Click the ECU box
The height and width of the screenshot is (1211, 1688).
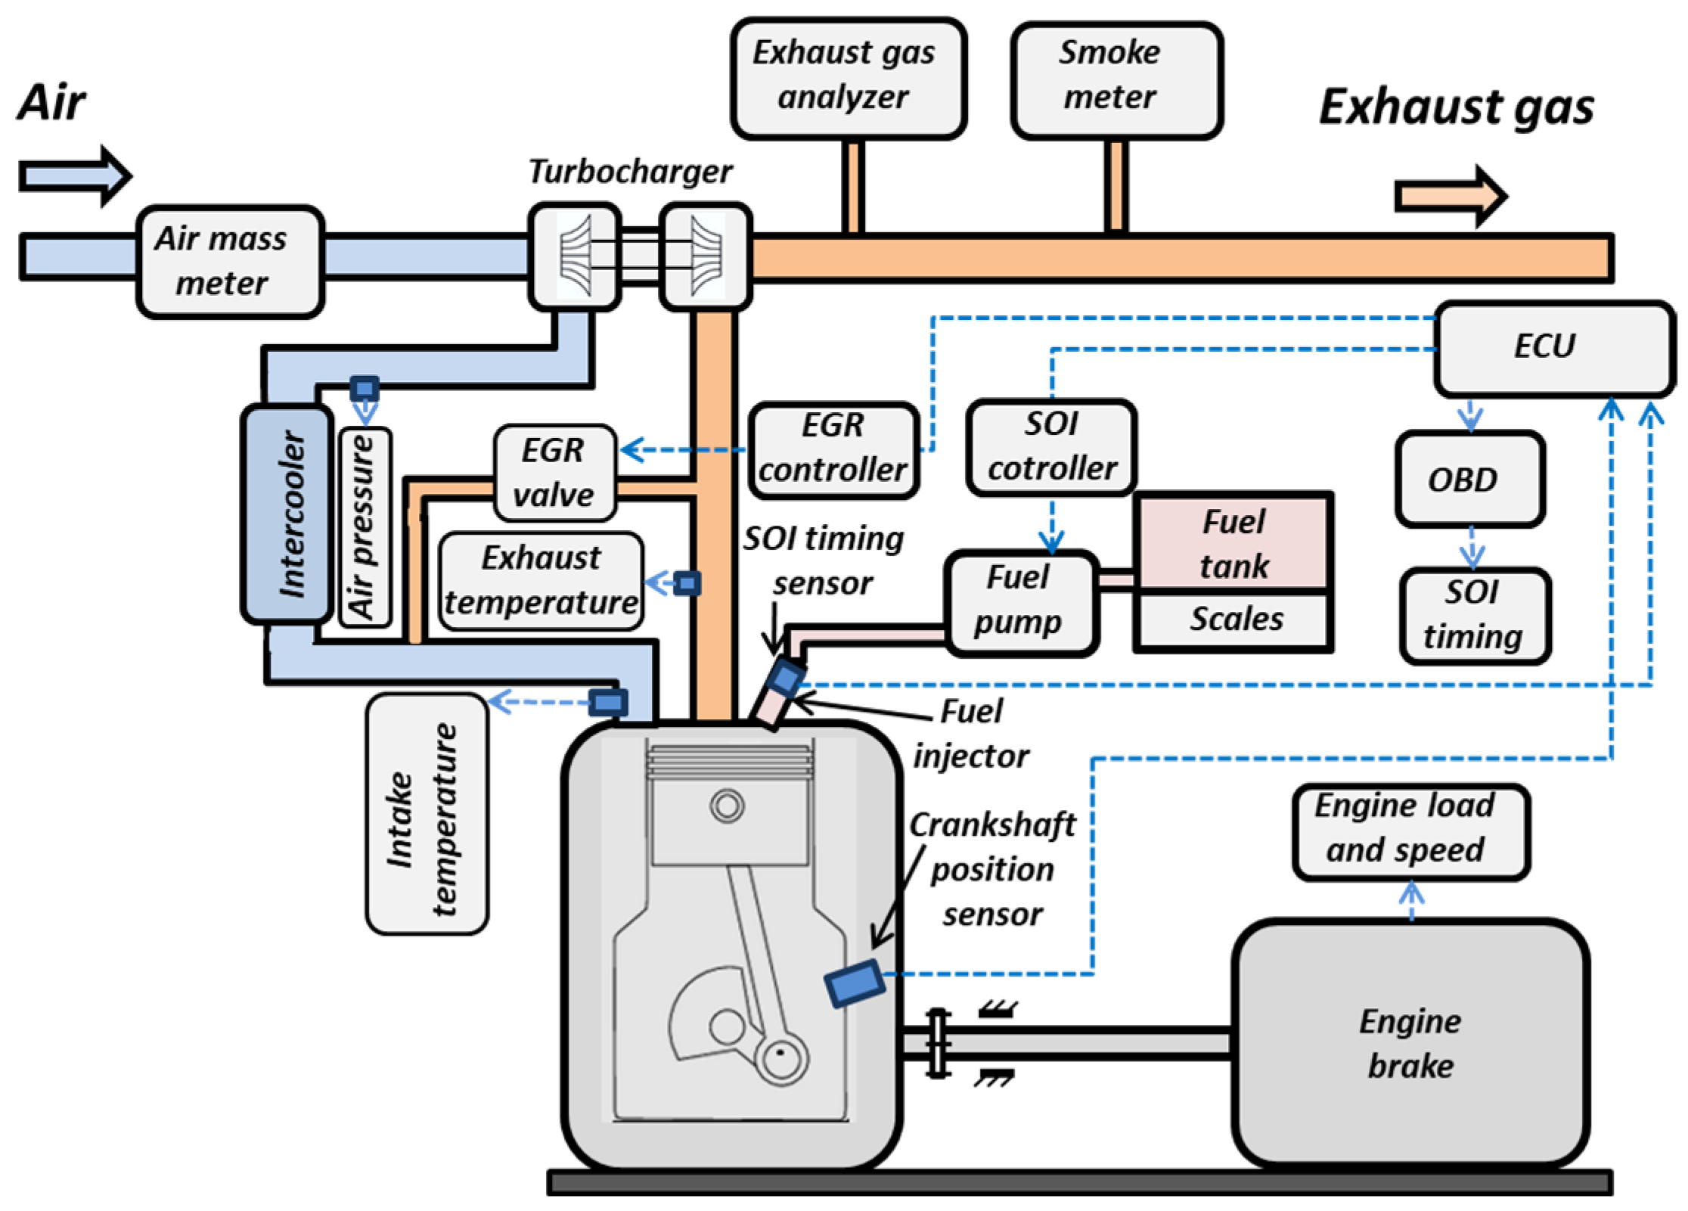(1553, 348)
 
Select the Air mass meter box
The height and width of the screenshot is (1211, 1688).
(230, 261)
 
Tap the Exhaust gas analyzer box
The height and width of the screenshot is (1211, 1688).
(848, 78)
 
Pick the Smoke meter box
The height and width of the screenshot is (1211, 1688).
(1116, 78)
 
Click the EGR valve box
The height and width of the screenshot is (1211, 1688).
(554, 473)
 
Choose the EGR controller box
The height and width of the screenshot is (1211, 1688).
(833, 450)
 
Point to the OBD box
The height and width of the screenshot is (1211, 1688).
(1469, 479)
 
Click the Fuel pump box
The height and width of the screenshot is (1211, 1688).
(1020, 601)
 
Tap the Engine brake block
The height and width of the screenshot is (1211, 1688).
(1410, 1044)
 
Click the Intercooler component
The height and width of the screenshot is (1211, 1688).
(287, 514)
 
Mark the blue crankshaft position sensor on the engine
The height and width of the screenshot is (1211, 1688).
(855, 983)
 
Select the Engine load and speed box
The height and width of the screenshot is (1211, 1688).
(1410, 831)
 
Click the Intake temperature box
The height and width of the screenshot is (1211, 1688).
(427, 813)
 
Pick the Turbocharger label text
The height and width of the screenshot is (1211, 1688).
(630, 172)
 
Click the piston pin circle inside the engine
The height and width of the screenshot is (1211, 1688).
(728, 806)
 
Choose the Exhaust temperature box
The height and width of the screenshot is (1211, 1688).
(541, 581)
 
